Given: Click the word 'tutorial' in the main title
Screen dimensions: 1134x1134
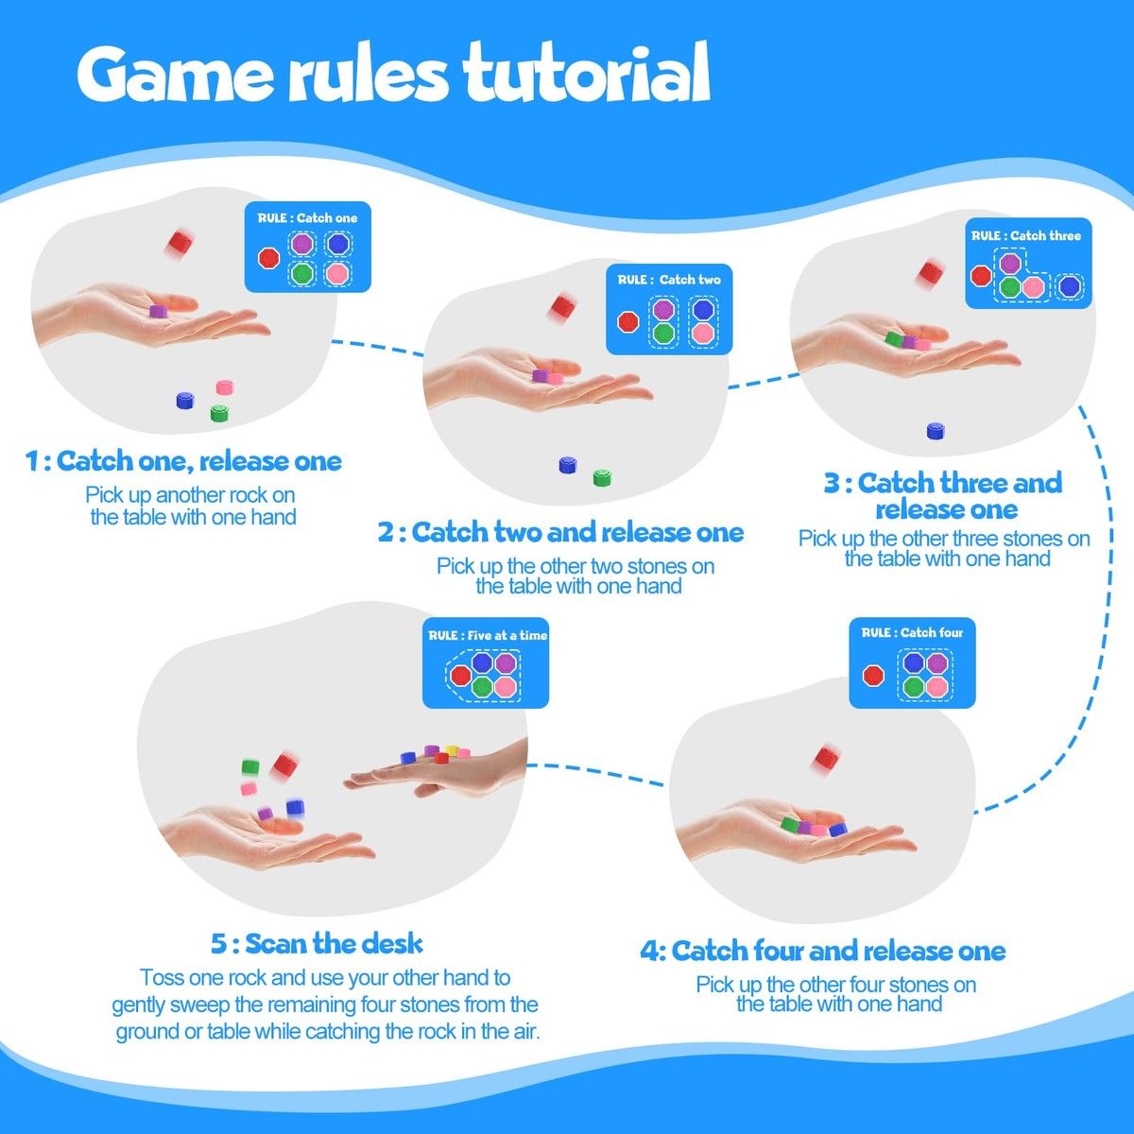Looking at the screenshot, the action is tap(586, 74).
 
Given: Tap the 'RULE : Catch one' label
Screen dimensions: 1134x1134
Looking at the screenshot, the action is tap(307, 218).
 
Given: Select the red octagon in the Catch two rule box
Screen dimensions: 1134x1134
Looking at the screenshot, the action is tap(627, 322).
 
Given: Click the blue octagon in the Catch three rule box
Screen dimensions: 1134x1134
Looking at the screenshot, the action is tap(1069, 286).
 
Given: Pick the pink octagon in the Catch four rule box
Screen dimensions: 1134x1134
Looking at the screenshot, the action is tap(936, 686).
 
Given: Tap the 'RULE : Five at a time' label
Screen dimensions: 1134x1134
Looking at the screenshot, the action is tap(488, 636).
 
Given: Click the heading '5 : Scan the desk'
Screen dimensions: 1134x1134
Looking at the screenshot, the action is tap(317, 943).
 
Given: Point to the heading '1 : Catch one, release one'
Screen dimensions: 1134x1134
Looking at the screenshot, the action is tap(183, 461).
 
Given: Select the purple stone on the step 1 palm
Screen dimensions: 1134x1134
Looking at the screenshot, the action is tap(158, 311).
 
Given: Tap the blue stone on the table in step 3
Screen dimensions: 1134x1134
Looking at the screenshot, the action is tap(936, 430).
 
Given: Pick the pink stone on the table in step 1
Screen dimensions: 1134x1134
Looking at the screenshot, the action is tap(225, 387).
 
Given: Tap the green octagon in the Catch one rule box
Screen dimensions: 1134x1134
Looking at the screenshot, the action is tap(301, 273).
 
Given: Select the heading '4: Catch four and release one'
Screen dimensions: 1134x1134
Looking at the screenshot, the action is tap(823, 951).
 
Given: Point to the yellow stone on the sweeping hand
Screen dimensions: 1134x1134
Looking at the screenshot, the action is tap(452, 750).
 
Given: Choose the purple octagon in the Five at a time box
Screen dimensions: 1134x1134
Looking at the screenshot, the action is tap(505, 663).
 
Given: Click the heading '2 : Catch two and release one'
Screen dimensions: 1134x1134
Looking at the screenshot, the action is tap(560, 533).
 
